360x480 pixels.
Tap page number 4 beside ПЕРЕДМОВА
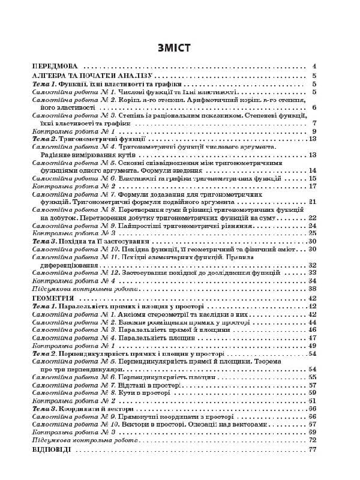tap(314, 67)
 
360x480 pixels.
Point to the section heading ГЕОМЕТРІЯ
tap(53, 298)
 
